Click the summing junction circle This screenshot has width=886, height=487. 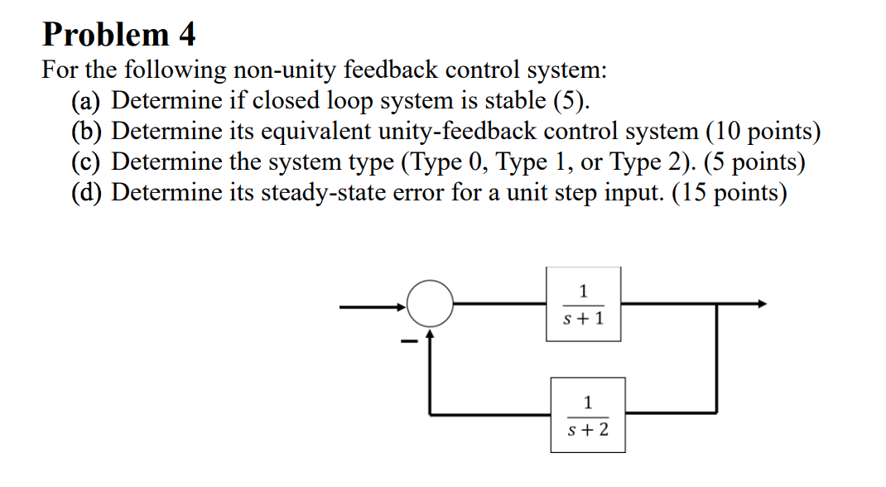click(430, 303)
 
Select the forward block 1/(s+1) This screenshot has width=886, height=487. click(583, 304)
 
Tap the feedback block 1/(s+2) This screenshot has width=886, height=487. click(588, 415)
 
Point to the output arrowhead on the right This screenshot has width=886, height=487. click(763, 304)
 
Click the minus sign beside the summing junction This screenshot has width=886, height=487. click(406, 340)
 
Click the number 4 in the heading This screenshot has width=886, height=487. click(185, 35)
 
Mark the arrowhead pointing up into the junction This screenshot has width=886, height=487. click(430, 334)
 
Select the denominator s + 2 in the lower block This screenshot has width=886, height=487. click(588, 430)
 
